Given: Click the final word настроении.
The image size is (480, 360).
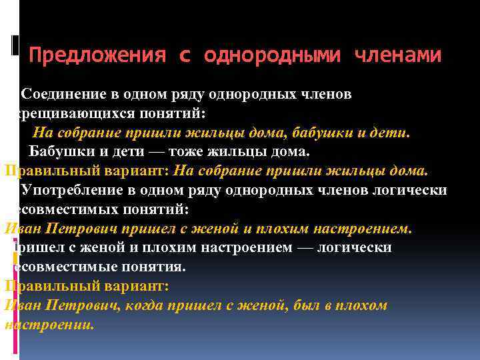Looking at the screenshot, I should click(49, 325).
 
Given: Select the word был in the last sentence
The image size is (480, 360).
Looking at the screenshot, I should click(307, 305).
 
